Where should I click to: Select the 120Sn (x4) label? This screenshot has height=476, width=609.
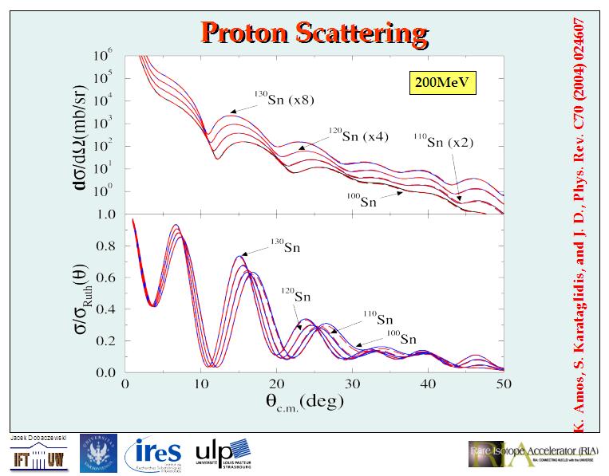(358, 134)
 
